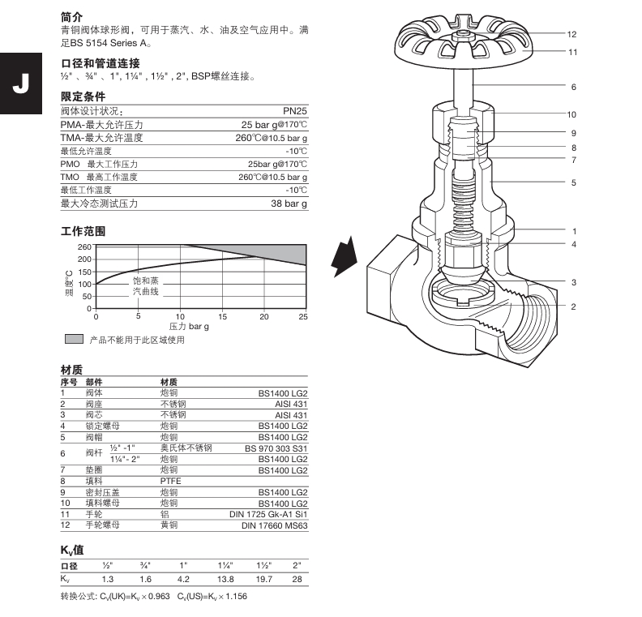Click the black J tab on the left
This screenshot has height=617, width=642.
pyautogui.click(x=20, y=84)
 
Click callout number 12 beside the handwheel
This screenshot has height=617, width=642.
pyautogui.click(x=572, y=34)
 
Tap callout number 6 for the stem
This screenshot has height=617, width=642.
pyautogui.click(x=572, y=87)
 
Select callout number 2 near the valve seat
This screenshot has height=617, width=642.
pyautogui.click(x=572, y=306)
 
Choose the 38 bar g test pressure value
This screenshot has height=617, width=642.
pyautogui.click(x=289, y=204)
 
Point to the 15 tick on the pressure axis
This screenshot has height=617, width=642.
pyautogui.click(x=221, y=316)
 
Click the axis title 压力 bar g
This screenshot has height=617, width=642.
pyautogui.click(x=189, y=326)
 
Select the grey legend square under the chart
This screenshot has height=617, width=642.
pyautogui.click(x=74, y=339)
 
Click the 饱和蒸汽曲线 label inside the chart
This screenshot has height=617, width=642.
pyautogui.click(x=146, y=285)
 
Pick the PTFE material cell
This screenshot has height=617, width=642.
pyautogui.click(x=170, y=481)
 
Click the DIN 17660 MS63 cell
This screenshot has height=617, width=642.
pyautogui.click(x=274, y=525)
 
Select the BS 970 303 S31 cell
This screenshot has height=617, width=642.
pyautogui.click(x=276, y=448)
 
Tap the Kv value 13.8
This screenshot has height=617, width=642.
pyautogui.click(x=225, y=579)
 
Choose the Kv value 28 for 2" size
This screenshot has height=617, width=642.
pyautogui.click(x=297, y=579)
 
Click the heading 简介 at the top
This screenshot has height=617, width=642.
pyautogui.click(x=71, y=16)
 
